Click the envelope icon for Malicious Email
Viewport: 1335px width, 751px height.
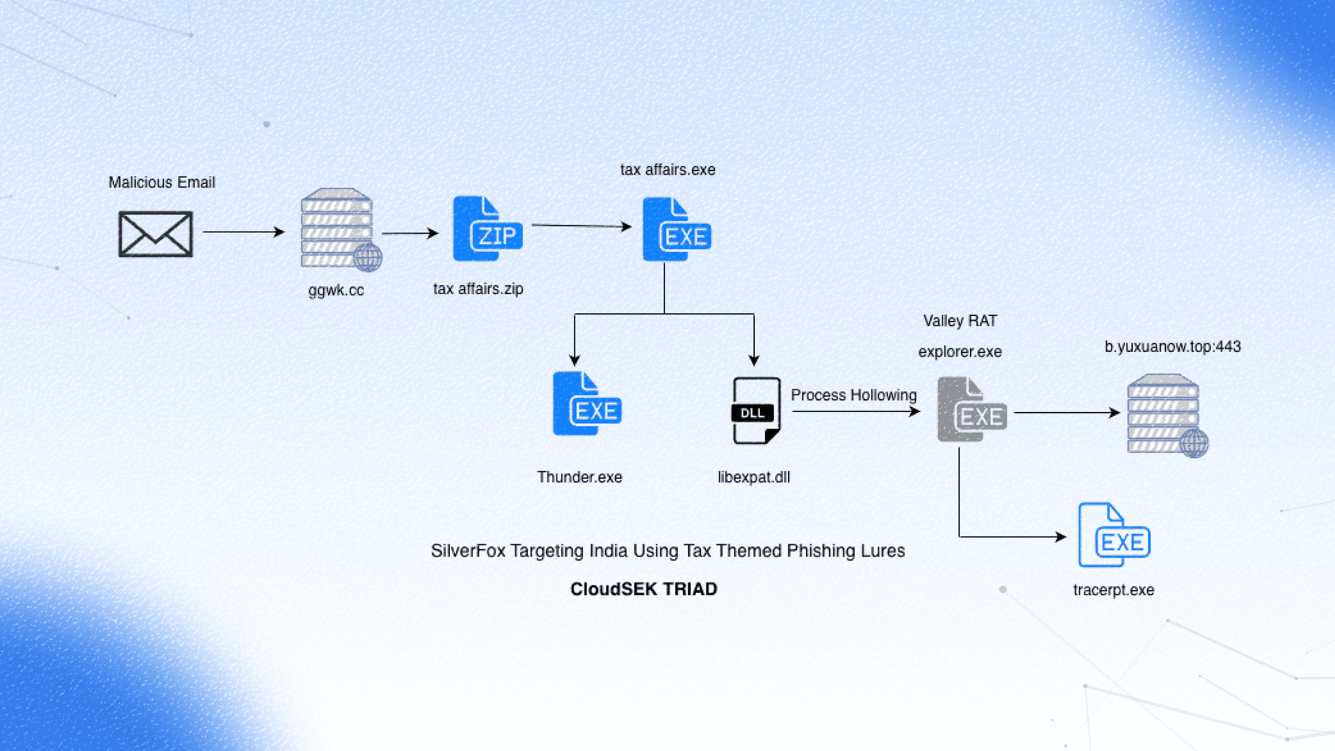(156, 234)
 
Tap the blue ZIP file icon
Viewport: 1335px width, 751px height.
(487, 229)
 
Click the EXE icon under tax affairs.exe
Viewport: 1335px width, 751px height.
(676, 229)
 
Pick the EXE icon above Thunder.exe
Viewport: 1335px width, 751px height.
(587, 404)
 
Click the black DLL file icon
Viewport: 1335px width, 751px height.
(756, 410)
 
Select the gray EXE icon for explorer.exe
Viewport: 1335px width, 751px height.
(971, 409)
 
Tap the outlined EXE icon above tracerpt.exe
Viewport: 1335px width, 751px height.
(1114, 535)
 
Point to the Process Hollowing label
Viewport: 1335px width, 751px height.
(853, 395)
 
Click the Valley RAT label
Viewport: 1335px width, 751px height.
(960, 321)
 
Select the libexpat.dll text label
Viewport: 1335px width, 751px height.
(754, 477)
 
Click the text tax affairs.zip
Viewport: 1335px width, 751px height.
(478, 289)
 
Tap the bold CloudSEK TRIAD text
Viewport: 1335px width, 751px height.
(644, 589)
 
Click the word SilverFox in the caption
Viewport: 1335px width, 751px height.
(467, 551)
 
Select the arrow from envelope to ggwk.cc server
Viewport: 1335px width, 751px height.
(243, 232)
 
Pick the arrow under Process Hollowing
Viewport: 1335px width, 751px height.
(855, 411)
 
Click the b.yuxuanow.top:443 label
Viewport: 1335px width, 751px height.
(1172, 346)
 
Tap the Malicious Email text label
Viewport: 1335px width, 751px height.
(162, 182)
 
